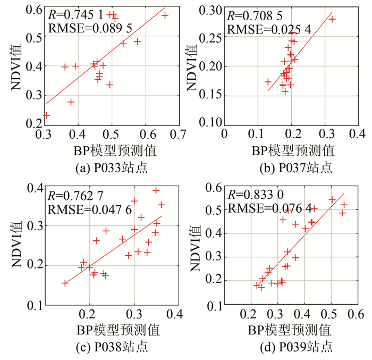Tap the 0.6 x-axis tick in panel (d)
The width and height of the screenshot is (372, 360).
pyautogui.click(x=356, y=313)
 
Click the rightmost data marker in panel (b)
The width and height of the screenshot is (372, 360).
pyautogui.click(x=332, y=19)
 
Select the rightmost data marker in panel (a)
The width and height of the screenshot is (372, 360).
pyautogui.click(x=165, y=15)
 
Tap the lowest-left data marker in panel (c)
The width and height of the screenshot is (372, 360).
pyautogui.click(x=65, y=283)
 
